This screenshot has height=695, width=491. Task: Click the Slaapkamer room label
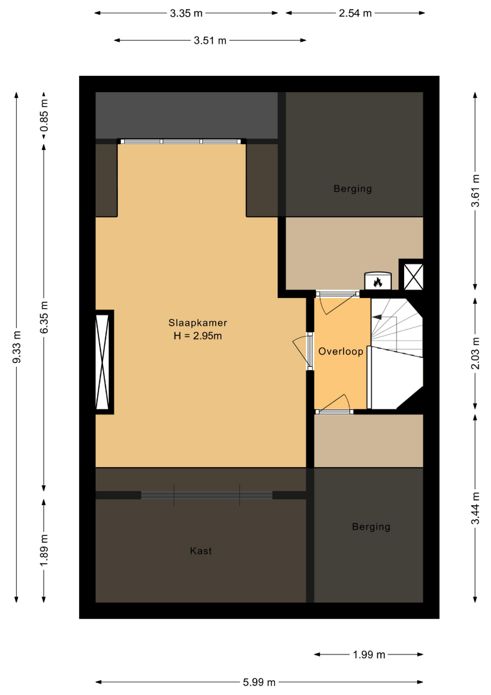coord(198,322)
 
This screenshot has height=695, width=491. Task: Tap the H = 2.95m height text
coord(198,335)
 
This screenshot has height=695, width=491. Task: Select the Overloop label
coord(341,351)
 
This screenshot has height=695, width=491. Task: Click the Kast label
coord(201,551)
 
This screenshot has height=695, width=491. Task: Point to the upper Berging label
coord(353,189)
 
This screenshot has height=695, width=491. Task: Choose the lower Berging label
coord(371,527)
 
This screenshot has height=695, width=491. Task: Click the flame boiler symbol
coord(378,281)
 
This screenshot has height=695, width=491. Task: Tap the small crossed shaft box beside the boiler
coord(412,275)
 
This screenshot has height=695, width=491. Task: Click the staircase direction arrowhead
coord(377,317)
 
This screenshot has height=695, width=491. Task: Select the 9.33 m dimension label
coord(17,347)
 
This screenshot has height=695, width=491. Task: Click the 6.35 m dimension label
coord(44,317)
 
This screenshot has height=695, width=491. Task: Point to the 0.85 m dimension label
coord(44,115)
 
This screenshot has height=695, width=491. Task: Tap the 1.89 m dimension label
coord(44,550)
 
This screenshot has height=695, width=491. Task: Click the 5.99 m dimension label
coord(259,682)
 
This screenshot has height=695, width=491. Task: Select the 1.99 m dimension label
coord(369,654)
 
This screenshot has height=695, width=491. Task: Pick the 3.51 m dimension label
coord(210,41)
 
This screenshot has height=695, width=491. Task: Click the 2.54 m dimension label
coord(355,14)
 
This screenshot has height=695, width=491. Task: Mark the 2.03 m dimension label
coord(475,353)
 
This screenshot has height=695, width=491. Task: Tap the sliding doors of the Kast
coord(207,495)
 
